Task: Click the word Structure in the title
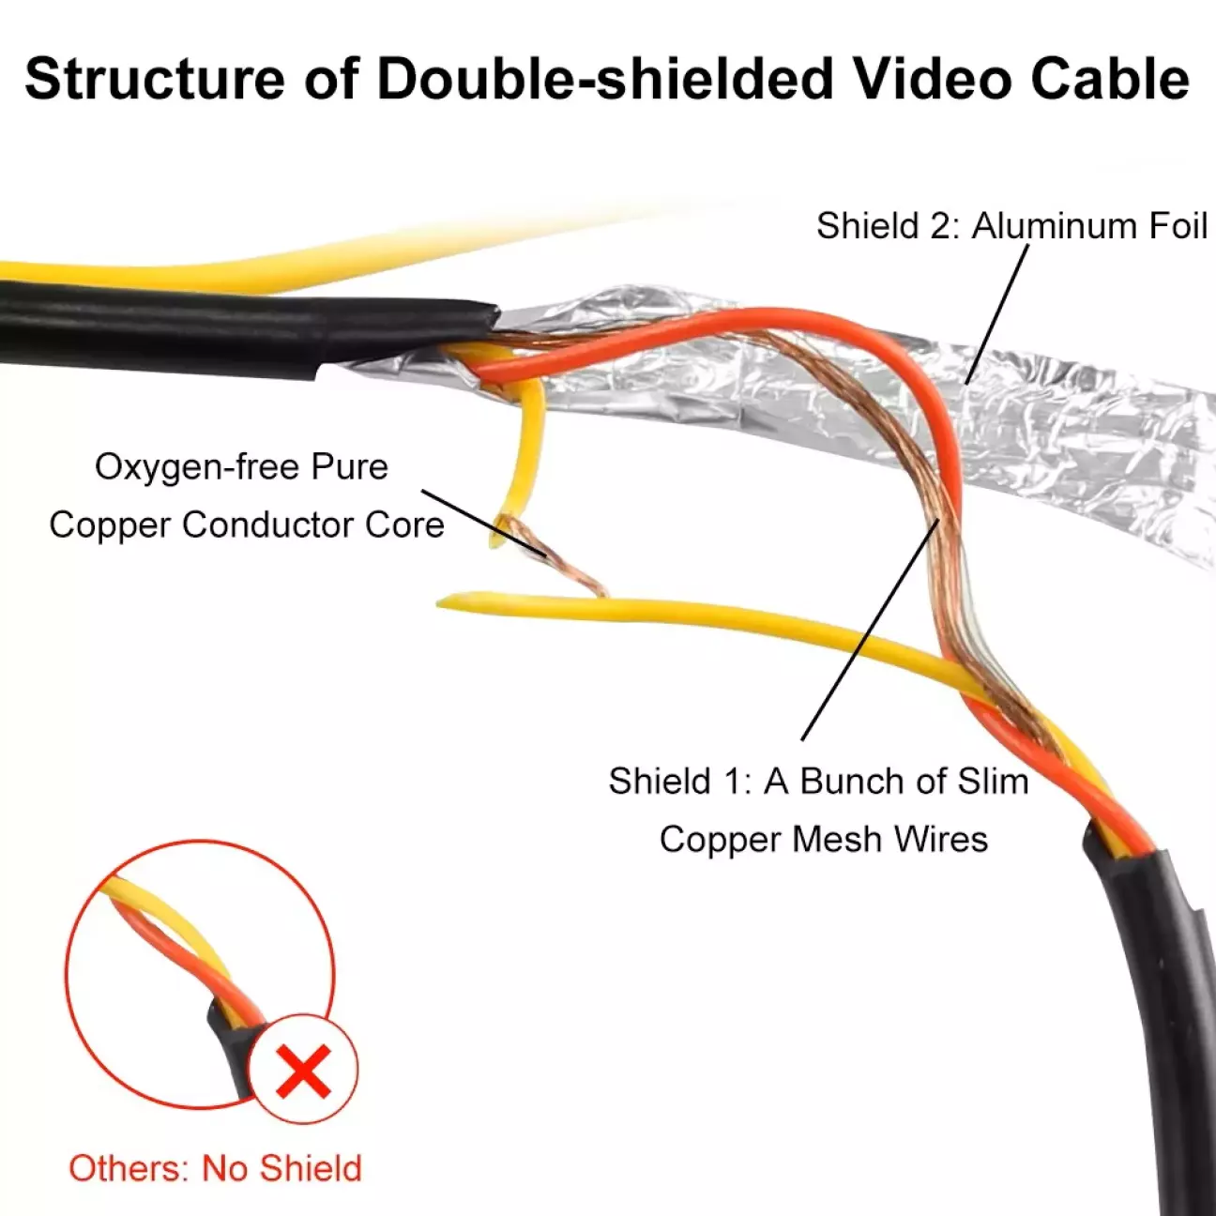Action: coord(155,78)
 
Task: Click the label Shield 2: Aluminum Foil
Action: coord(1011,225)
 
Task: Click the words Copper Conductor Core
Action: coord(247,525)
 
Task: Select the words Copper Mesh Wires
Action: coord(824,839)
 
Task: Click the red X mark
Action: coord(304,1070)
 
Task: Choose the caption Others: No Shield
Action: coord(215,1167)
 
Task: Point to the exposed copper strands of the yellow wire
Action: coord(550,555)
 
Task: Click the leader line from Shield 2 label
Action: coord(997,313)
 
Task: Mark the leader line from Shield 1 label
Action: coord(871,630)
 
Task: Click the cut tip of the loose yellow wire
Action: coord(443,602)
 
